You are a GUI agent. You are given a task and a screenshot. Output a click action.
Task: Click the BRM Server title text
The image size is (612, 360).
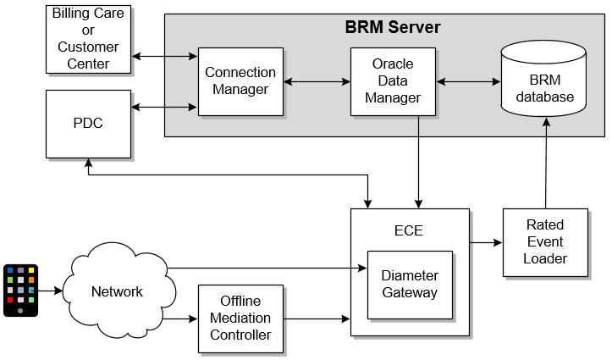[393, 27]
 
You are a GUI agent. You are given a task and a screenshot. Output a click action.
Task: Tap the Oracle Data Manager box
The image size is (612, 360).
[393, 81]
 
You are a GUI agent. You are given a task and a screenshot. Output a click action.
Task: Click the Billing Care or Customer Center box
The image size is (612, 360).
[89, 38]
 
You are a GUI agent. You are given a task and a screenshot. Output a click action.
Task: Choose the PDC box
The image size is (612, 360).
[89, 124]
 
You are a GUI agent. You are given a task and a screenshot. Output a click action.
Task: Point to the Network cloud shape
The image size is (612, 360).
[118, 291]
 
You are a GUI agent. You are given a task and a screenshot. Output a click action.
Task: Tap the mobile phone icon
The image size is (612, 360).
[20, 290]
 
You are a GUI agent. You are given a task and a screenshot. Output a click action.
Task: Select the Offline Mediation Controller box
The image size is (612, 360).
[240, 318]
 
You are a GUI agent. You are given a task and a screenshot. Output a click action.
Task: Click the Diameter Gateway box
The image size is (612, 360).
[410, 285]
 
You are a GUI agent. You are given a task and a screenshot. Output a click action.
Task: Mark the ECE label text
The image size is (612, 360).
[409, 230]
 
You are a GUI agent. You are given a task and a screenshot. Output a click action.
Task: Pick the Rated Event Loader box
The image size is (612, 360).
[545, 242]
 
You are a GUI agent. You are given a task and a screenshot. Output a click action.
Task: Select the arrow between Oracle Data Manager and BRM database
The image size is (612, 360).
[468, 82]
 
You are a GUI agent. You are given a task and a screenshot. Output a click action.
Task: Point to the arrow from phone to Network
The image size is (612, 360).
[50, 291]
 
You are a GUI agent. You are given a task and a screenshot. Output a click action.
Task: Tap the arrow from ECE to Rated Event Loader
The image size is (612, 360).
[486, 242]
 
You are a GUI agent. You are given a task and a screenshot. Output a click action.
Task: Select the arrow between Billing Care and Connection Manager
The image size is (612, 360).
[165, 57]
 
